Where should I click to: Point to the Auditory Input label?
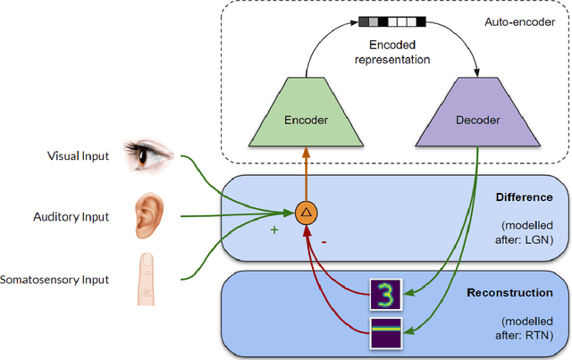click(71, 216)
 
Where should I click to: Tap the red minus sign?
click(323, 240)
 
